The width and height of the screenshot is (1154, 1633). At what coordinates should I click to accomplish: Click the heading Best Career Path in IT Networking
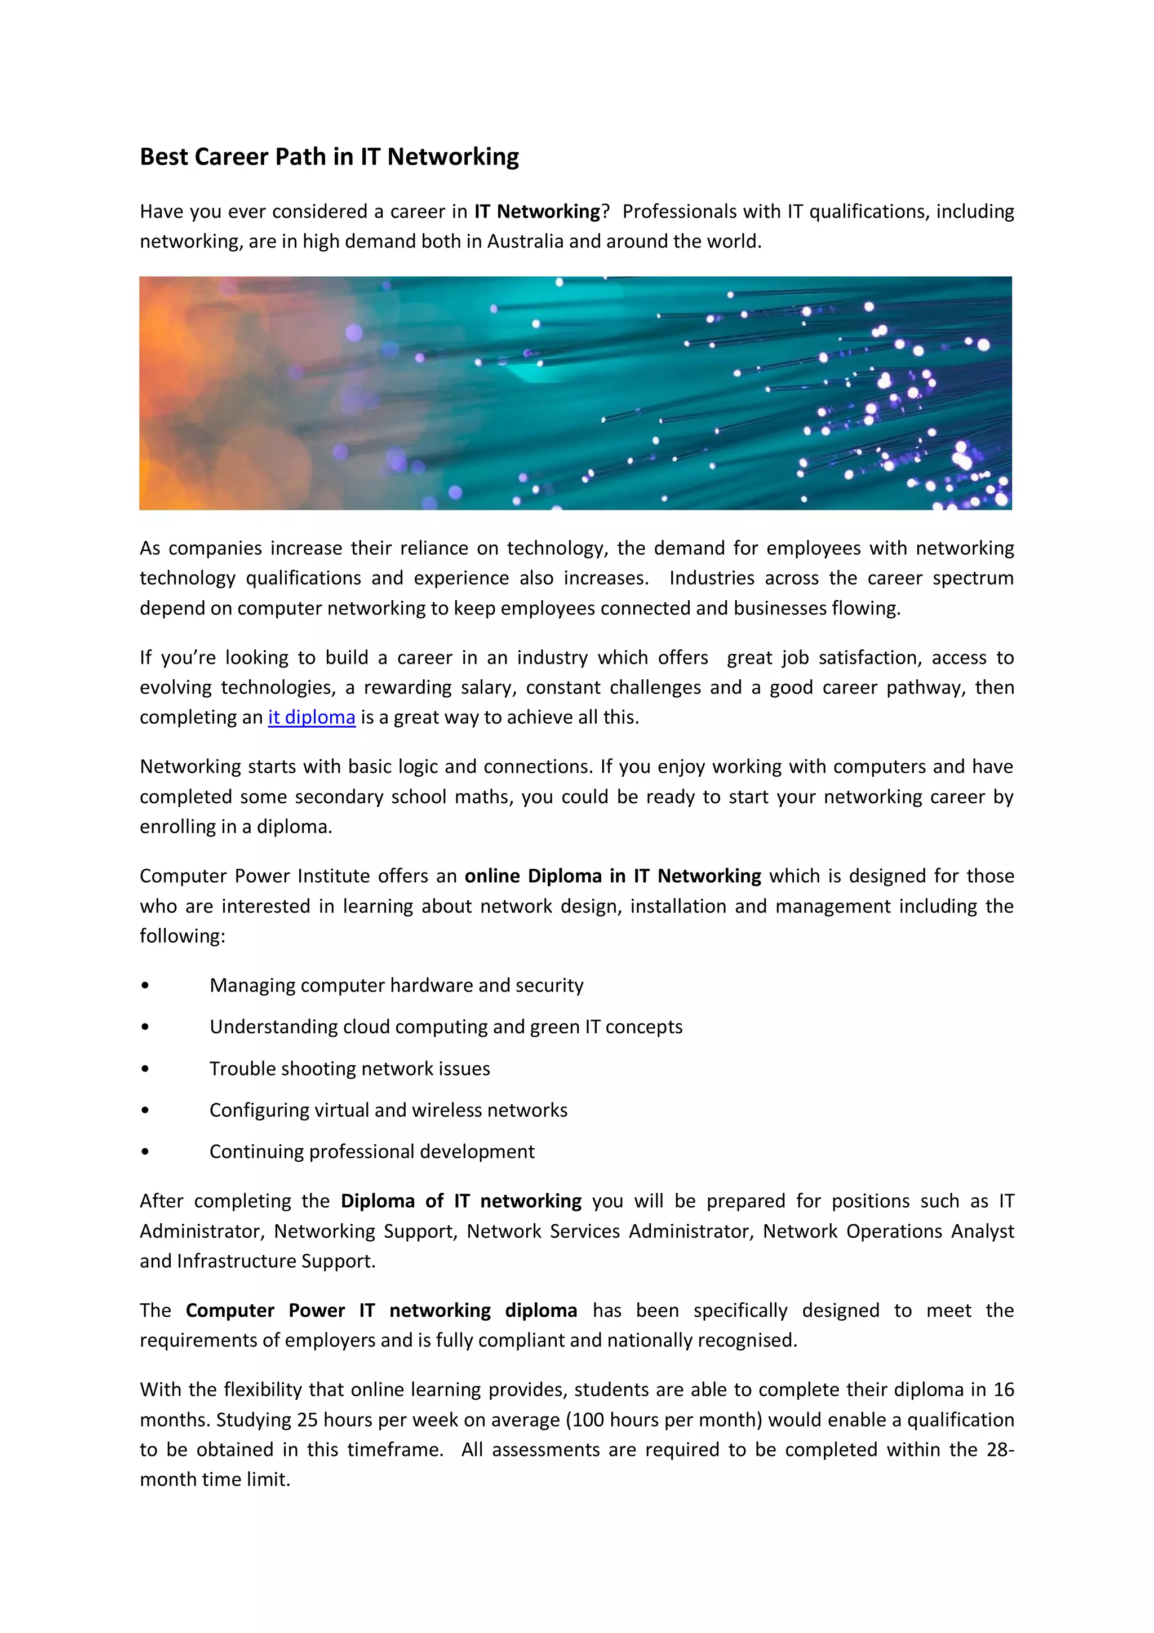click(329, 157)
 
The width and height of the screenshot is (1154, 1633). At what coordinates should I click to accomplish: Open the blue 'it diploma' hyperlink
click(312, 717)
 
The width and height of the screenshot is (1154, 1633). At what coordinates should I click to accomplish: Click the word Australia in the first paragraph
click(525, 241)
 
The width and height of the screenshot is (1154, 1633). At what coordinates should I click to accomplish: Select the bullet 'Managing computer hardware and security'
click(396, 985)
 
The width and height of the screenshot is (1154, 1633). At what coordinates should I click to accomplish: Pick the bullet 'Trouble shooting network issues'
click(349, 1068)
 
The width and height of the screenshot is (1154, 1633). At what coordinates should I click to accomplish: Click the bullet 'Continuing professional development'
click(372, 1152)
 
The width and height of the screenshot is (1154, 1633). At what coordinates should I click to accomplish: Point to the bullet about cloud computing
click(446, 1026)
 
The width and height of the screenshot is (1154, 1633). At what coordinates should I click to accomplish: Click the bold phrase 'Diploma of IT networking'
click(461, 1201)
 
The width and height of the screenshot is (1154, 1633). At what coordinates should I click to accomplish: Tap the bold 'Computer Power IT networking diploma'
click(381, 1310)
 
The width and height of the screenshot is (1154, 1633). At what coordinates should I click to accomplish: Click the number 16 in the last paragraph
click(1003, 1389)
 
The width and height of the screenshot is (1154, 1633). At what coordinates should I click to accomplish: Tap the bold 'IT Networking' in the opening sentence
click(538, 211)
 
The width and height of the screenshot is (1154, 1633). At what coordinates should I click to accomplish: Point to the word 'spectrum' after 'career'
click(973, 578)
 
